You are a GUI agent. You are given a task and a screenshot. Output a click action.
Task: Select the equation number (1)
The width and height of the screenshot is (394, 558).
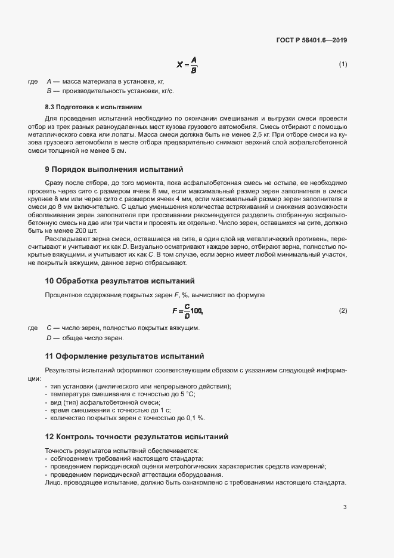(x=343, y=64)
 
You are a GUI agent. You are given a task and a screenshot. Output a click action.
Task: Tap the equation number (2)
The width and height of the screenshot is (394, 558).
(x=343, y=311)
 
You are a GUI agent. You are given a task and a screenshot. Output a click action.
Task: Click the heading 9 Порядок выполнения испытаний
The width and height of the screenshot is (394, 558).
(x=114, y=169)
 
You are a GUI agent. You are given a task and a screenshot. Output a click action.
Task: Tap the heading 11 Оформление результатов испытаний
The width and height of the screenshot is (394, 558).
(x=125, y=356)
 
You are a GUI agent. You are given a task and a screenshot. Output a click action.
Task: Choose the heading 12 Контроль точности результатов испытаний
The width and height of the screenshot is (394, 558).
(x=136, y=437)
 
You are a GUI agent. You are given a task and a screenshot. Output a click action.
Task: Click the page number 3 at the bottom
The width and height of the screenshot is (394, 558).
(x=345, y=507)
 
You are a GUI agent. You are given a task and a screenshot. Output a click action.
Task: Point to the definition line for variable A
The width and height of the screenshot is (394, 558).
(x=105, y=81)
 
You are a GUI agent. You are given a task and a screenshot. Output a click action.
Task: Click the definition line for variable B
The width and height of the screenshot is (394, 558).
(x=110, y=91)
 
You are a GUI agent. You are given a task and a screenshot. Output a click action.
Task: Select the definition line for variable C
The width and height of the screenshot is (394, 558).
(x=122, y=328)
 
